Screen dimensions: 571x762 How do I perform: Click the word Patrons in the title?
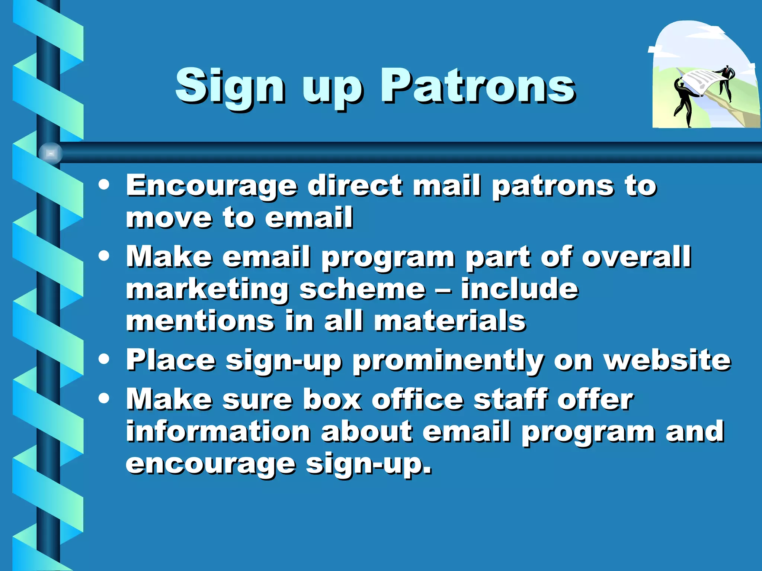[x=477, y=86]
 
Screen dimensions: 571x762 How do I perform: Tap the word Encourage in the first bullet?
[x=212, y=186]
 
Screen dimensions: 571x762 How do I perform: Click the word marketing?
[x=208, y=290]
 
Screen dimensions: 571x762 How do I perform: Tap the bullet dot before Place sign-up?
[x=104, y=359]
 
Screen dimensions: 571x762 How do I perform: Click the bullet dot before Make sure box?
[x=104, y=399]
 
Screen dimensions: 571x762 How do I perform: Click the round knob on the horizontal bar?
[x=51, y=153]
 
